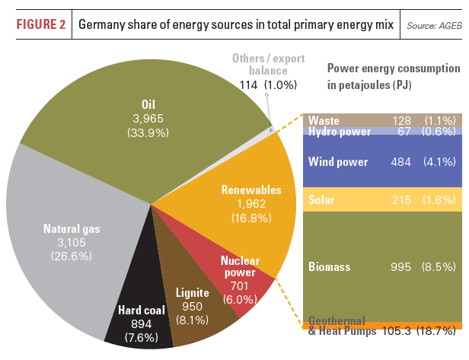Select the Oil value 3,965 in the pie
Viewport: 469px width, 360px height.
148,118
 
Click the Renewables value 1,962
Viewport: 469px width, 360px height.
250,204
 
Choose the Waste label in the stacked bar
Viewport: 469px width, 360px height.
324,120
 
